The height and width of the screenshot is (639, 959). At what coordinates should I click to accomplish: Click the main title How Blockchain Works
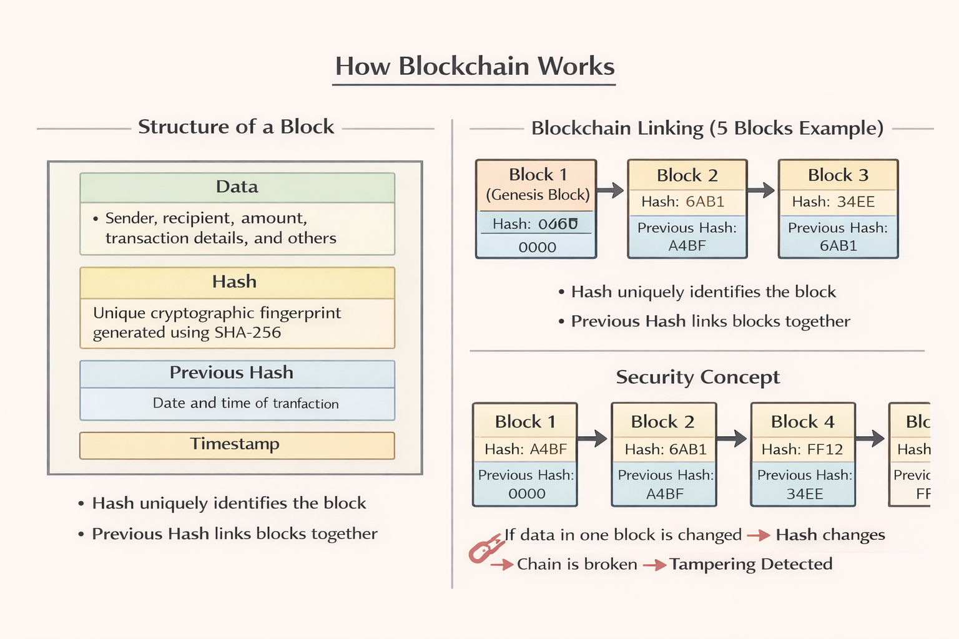point(475,66)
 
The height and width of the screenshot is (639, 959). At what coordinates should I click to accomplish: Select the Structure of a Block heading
point(236,127)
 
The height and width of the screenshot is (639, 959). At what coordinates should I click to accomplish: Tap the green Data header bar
point(237,187)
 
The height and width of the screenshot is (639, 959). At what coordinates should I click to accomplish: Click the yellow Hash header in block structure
point(235,282)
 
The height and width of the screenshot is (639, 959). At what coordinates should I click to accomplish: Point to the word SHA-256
point(248,333)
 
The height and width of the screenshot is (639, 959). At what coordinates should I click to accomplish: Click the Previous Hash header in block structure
point(232,373)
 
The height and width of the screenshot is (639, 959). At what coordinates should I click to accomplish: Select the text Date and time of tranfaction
point(245,403)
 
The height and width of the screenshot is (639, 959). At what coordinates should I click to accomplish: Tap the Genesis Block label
point(538,195)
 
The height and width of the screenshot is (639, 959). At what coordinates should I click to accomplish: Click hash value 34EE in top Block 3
point(855,202)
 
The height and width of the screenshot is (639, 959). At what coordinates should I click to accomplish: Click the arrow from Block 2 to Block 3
point(761,190)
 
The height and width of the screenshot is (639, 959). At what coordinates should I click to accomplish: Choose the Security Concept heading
point(697,377)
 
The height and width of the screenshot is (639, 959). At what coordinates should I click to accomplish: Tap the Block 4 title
point(802,422)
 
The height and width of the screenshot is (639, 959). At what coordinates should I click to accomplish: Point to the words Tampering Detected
point(751,564)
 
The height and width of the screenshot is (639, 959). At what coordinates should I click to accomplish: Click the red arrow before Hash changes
point(758,535)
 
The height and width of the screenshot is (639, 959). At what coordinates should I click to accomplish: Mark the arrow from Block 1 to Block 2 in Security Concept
point(593,438)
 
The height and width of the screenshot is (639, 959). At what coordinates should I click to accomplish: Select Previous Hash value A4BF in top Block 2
point(687,246)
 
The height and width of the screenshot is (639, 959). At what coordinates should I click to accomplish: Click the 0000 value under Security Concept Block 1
point(526,494)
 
